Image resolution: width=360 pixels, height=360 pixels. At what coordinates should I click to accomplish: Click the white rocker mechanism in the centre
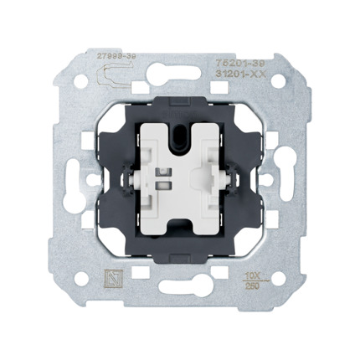[x=180, y=180]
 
